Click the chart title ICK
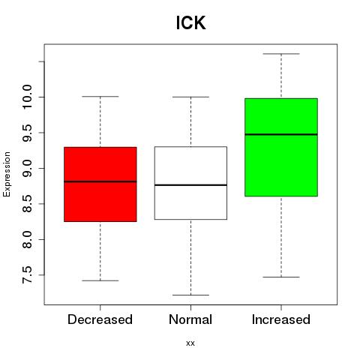tap(190, 22)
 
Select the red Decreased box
tap(100, 184)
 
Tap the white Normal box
tap(190, 183)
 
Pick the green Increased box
tap(281, 147)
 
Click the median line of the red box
tap(100, 181)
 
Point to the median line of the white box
tap(190, 185)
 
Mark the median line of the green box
tap(281, 134)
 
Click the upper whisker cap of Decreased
tap(100, 97)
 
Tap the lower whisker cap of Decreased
tap(100, 280)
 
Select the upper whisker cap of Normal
tap(190, 97)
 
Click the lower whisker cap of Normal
tap(190, 295)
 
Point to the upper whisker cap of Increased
tap(281, 54)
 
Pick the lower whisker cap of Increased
tap(281, 277)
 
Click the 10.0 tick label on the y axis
tap(27, 97)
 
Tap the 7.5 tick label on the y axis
tap(27, 275)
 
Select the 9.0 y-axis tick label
tap(27, 169)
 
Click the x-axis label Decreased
tap(100, 319)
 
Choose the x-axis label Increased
tap(281, 319)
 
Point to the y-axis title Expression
tap(7, 174)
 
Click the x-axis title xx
tap(190, 343)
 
